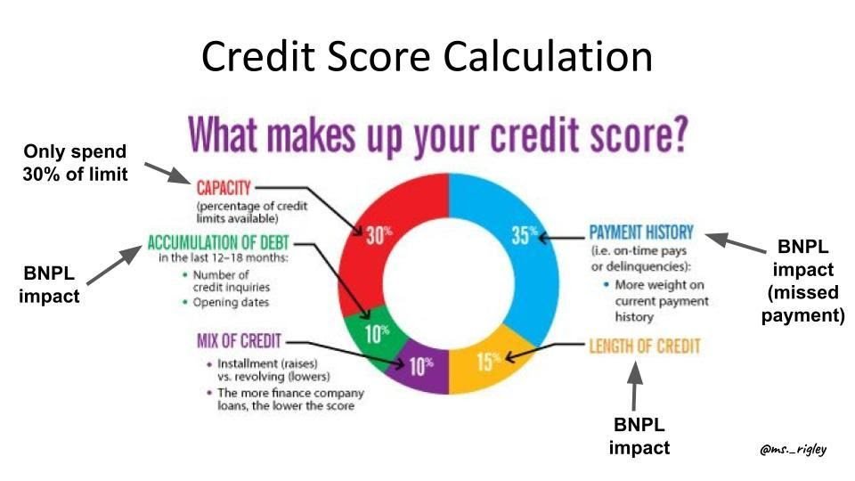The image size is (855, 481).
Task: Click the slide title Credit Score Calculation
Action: coord(427,56)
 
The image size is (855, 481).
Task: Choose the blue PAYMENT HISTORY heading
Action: coord(641,233)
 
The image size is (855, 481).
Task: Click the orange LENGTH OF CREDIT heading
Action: coord(644,346)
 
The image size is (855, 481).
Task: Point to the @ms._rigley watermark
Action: coord(793,450)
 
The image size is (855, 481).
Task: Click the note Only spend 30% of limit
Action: coord(75,162)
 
